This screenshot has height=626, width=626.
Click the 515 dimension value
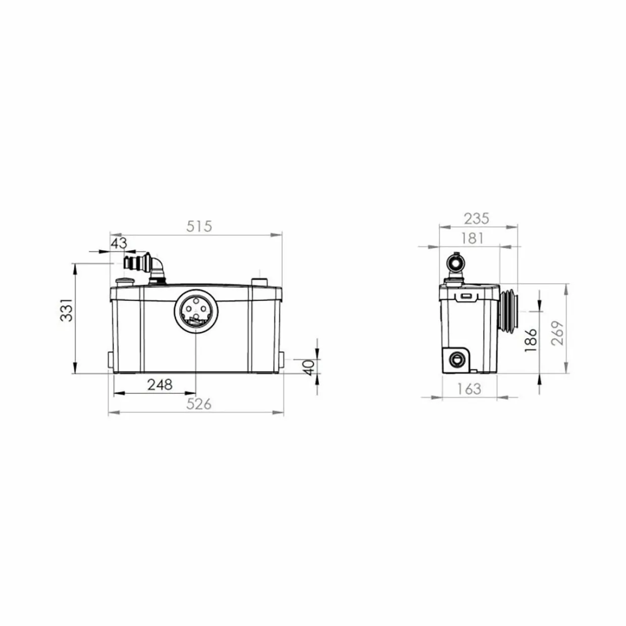coord(199,227)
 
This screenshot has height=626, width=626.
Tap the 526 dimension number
coord(199,404)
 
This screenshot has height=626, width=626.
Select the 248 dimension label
coord(160,385)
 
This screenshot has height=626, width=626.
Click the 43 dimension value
coord(119,243)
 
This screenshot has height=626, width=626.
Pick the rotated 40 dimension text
coord(309,368)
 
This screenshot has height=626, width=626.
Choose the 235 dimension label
coord(476,219)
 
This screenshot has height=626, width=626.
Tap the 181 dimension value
coord(473,238)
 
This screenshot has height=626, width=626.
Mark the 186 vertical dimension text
coord(531,340)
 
